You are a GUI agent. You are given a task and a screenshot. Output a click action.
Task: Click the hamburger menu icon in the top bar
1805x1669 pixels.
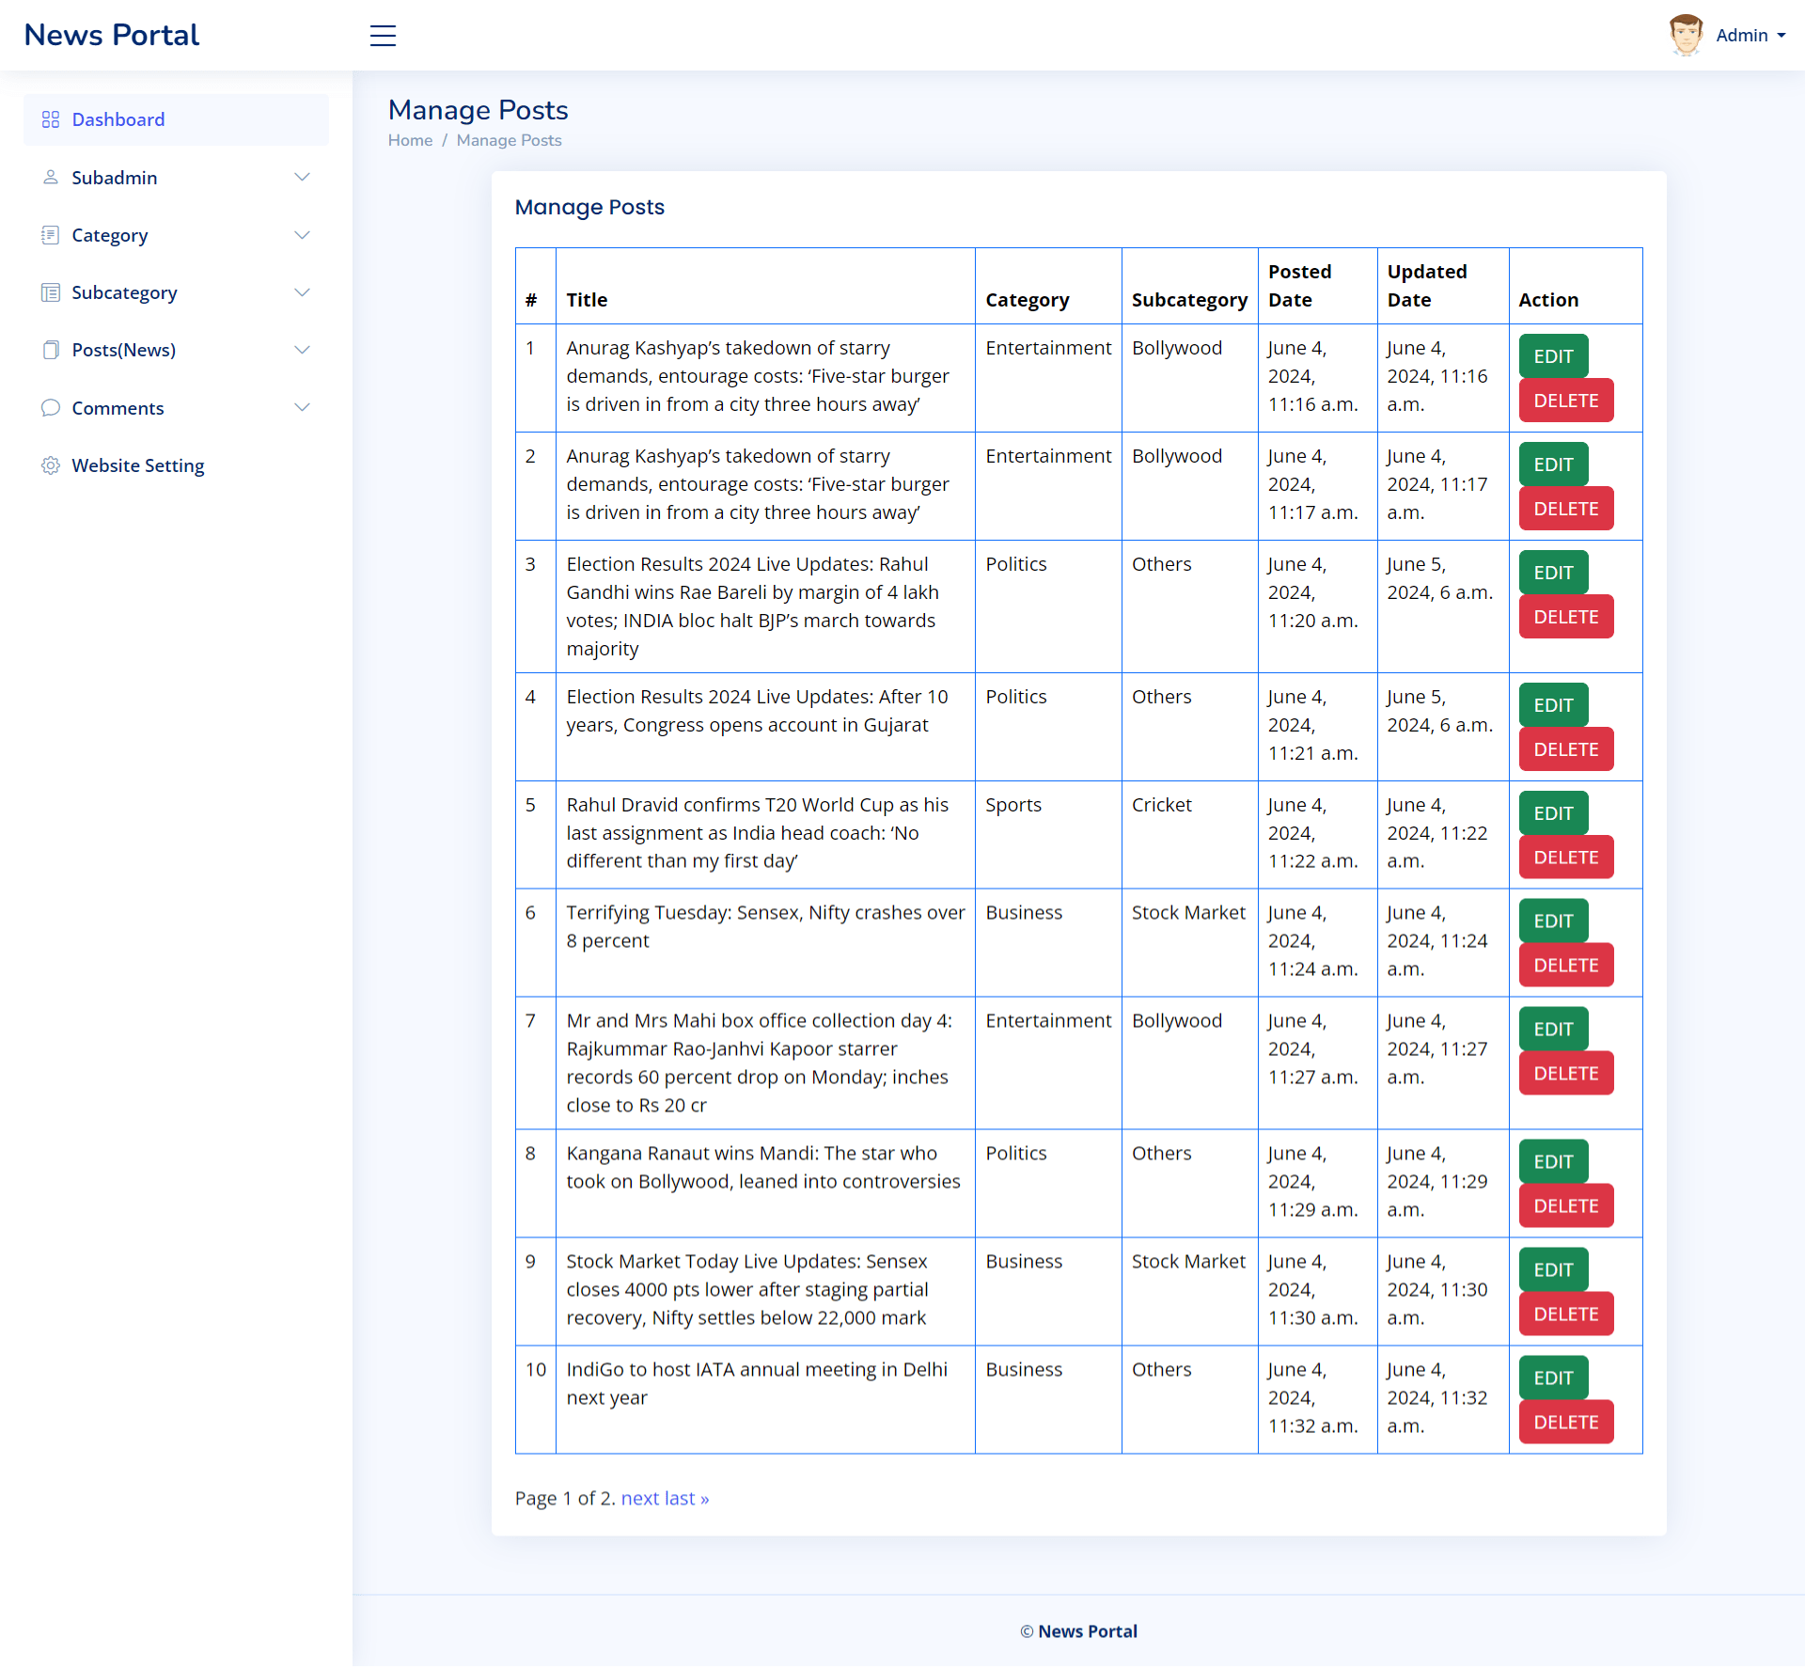(383, 36)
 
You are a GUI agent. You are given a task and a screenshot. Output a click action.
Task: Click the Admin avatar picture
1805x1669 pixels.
(1685, 35)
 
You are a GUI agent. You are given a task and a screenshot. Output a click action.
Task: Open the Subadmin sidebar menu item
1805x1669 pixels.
(115, 178)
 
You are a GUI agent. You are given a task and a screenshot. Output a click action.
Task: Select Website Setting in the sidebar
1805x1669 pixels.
(137, 465)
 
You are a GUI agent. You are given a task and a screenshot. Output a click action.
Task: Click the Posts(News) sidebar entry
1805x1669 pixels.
(123, 350)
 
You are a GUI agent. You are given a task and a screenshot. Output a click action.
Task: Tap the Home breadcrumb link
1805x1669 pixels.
(410, 140)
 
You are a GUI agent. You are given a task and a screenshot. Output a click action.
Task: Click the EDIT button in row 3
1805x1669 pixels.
(1552, 572)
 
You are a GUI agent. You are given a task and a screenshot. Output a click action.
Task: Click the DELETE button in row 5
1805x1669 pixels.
(1565, 857)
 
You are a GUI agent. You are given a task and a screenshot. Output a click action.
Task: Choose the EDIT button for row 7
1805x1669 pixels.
(1552, 1029)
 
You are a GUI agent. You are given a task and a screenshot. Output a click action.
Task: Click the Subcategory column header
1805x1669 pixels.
(1188, 300)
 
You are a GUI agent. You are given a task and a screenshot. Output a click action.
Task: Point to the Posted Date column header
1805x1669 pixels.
(1299, 285)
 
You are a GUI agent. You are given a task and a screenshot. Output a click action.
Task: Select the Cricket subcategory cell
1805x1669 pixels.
(1161, 805)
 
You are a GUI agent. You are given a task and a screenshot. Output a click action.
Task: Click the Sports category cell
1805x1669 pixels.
(1012, 805)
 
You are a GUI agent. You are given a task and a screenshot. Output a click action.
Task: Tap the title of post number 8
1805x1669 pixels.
(762, 1167)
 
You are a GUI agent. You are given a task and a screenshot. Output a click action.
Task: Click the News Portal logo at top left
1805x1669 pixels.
(111, 35)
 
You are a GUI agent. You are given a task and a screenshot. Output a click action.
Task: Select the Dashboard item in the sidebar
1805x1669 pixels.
(118, 119)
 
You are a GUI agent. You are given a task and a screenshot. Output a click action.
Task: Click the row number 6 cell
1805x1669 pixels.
(530, 912)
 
